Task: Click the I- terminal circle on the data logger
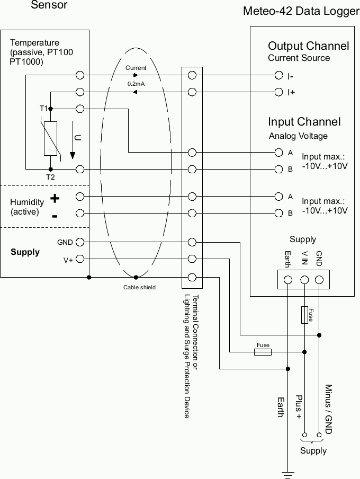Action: tap(278, 76)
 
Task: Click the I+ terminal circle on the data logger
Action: tap(278, 92)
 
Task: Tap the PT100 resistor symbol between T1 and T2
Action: tap(50, 138)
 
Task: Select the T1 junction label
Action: tap(43, 108)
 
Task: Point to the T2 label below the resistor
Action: tap(50, 177)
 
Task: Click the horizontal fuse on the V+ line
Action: tap(263, 351)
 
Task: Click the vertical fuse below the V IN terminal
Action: tap(305, 314)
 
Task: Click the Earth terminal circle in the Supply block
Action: tap(288, 279)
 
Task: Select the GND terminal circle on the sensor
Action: tap(80, 242)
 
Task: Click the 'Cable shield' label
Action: tap(139, 287)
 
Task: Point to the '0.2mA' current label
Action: tap(136, 84)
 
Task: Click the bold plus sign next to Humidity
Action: tap(55, 199)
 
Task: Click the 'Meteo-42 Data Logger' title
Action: tap(301, 11)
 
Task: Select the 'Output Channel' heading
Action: tap(308, 46)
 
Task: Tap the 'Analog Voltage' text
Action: tap(298, 136)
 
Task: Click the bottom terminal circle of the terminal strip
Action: tap(192, 277)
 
